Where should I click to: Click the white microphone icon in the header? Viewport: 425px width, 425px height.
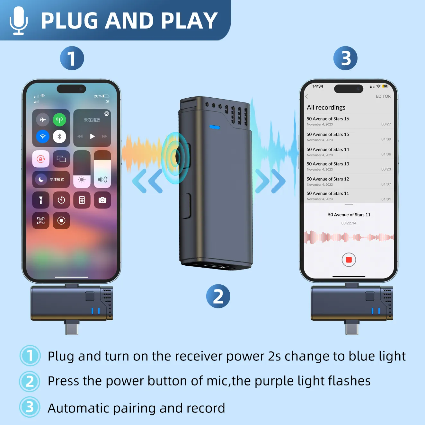point(18,21)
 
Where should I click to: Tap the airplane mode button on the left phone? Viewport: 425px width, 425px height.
point(43,120)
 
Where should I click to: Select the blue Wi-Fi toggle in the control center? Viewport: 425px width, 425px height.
point(43,137)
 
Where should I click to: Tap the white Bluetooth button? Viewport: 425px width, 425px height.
point(59,137)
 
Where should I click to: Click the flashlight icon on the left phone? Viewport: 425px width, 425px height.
point(41,200)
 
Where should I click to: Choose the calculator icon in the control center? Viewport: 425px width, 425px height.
point(82,200)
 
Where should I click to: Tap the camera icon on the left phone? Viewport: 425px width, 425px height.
point(102,200)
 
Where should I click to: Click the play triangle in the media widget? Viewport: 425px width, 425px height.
point(92,137)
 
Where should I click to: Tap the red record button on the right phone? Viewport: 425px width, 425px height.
point(349,260)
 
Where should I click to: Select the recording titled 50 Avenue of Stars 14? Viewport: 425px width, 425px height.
point(328,150)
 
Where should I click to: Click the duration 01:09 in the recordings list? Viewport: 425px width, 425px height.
point(386,139)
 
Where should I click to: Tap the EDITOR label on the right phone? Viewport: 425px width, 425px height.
point(383,96)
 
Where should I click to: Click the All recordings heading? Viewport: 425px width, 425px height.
point(326,108)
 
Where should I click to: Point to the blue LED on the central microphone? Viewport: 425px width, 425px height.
point(215,128)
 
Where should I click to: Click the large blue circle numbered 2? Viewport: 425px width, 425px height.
point(218,296)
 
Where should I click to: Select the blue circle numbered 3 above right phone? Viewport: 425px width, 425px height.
point(345,58)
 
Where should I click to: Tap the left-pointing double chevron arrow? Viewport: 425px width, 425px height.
point(148,181)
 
